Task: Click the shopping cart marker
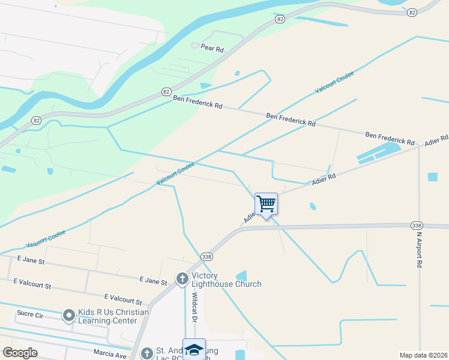pos(266,204)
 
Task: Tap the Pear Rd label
pos(212,49)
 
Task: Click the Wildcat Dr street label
pos(194,307)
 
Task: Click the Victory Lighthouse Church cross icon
pos(182,278)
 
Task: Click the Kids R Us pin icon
pos(68,314)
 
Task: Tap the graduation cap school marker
pos(194,350)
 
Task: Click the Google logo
pos(20,353)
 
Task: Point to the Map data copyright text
pos(423,355)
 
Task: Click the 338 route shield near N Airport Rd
pos(417,224)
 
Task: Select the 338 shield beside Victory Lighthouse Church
pos(206,256)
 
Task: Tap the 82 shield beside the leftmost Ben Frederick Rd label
pos(166,92)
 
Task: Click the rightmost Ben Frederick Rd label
pos(390,139)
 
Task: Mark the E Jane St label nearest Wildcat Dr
pos(153,280)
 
